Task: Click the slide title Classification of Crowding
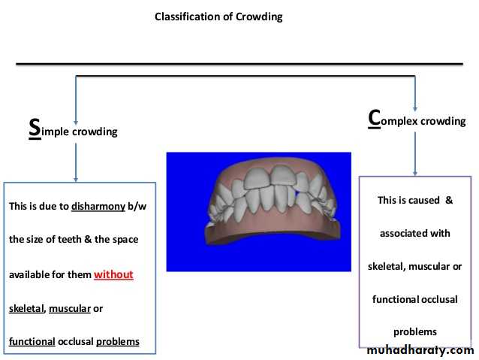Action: coord(218,17)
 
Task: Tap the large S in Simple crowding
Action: coord(35,127)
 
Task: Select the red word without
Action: coord(113,274)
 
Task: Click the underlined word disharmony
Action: coord(98,206)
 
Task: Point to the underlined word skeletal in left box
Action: coord(27,308)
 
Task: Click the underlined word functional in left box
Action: coord(32,341)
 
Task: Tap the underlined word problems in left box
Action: coord(118,341)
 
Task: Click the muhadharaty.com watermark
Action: coord(420,350)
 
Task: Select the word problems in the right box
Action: coord(415,331)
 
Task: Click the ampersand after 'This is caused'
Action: coord(450,200)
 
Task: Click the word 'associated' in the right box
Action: coord(403,233)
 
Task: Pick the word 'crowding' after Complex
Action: coord(442,121)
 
